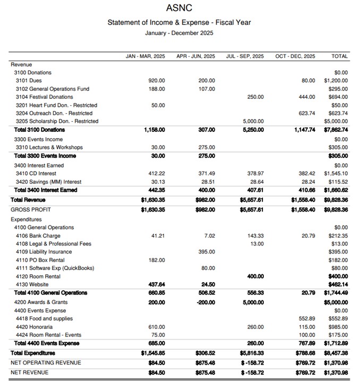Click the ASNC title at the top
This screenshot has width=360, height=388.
[179, 8]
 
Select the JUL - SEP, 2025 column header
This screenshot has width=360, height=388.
[245, 56]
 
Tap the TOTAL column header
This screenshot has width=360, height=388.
[339, 56]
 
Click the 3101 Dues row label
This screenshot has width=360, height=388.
[25, 81]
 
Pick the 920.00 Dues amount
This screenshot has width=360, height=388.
[157, 81]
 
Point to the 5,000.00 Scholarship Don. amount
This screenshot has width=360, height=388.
[253, 121]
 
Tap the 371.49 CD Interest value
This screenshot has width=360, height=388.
[206, 173]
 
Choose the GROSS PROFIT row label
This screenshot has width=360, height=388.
[31, 209]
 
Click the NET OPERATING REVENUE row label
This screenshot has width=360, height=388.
[46, 362]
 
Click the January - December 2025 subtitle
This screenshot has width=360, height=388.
[179, 33]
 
